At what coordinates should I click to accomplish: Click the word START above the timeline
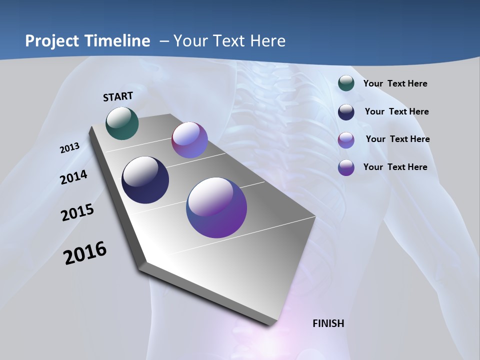[118, 96]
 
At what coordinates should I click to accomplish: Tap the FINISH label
[328, 323]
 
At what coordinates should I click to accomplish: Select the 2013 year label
[69, 148]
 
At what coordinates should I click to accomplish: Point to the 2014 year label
[74, 177]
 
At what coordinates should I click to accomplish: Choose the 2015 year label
[77, 212]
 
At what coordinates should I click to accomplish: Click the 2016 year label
[85, 253]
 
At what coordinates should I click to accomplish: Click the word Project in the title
[52, 41]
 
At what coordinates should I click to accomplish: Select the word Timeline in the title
[118, 41]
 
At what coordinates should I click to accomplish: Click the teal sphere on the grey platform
[122, 123]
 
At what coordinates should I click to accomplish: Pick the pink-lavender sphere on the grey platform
[189, 140]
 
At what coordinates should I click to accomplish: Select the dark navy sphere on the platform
[145, 180]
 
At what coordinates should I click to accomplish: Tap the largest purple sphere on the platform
[216, 207]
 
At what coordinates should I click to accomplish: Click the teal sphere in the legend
[346, 83]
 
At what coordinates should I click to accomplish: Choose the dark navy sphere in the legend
[346, 111]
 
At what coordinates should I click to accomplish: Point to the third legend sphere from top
[346, 139]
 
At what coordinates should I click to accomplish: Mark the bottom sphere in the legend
[346, 167]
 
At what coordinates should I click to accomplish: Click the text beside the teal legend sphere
[395, 83]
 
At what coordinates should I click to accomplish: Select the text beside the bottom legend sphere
[395, 167]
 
